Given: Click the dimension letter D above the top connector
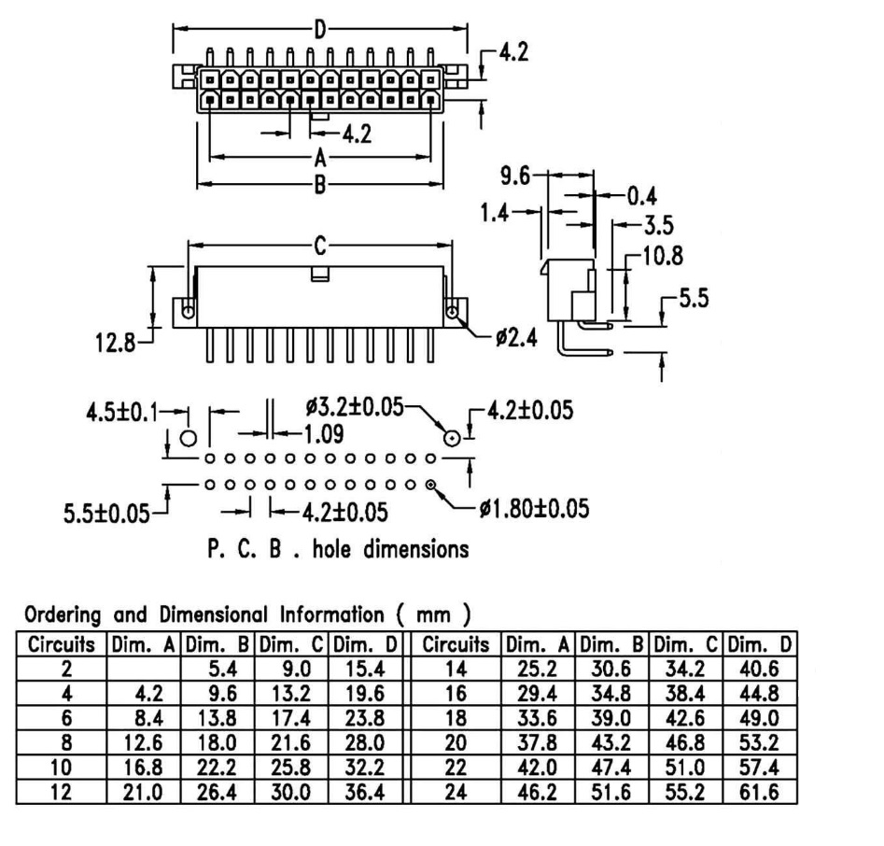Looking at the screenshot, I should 319,29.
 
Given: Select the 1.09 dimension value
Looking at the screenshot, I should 323,433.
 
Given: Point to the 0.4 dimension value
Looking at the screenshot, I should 640,196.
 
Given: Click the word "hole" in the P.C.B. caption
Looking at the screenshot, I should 340,549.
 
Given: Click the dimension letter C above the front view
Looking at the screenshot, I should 319,247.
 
